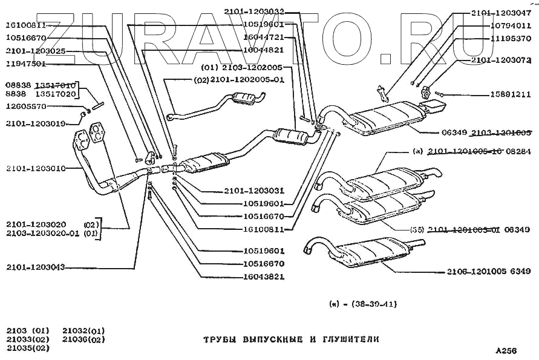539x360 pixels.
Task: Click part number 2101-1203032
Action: click(253, 11)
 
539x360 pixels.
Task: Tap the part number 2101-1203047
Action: click(501, 12)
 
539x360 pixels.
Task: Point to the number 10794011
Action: click(510, 25)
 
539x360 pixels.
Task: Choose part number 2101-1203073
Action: click(501, 60)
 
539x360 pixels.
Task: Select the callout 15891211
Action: click(510, 94)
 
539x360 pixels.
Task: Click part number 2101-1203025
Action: click(36, 51)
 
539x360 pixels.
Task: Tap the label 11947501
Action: click(26, 63)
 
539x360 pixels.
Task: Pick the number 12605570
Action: click(26, 107)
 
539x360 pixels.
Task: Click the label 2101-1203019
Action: click(36, 124)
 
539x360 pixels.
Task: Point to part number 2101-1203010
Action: click(36, 168)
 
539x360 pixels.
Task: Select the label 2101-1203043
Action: click(36, 267)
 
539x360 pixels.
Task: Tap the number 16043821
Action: click(263, 277)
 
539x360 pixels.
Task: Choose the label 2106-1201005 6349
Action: click(489, 272)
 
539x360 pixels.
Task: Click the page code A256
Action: click(506, 351)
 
